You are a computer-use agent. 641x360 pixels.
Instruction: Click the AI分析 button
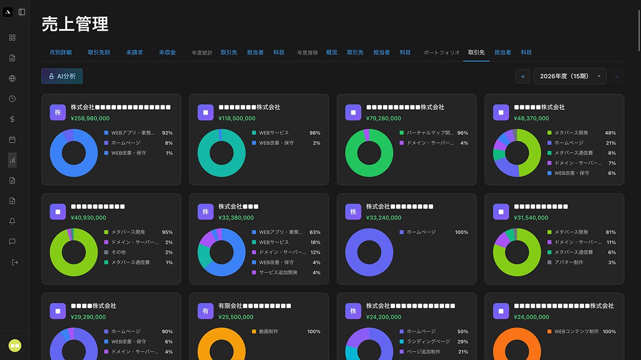[62, 76]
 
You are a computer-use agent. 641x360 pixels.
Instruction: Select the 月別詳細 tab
[60, 52]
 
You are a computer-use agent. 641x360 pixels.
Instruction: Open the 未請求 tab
[135, 52]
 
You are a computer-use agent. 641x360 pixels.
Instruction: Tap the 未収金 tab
[167, 52]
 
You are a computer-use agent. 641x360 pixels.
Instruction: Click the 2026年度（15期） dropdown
[569, 76]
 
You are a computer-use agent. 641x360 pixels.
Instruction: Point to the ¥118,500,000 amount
[237, 118]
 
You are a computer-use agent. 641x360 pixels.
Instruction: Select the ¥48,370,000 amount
[532, 118]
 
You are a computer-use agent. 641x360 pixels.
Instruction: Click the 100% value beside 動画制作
[313, 332]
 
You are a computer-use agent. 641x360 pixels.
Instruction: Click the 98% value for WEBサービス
[314, 133]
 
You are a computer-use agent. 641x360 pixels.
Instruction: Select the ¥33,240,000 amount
[383, 218]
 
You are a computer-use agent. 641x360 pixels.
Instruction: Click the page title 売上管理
[75, 24]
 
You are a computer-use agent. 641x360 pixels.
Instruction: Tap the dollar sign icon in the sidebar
[13, 119]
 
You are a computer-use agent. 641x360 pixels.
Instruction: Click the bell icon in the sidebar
[13, 221]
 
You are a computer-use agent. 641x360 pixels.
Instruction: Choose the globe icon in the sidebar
[13, 79]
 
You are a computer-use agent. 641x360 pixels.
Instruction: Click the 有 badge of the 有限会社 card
[206, 311]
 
